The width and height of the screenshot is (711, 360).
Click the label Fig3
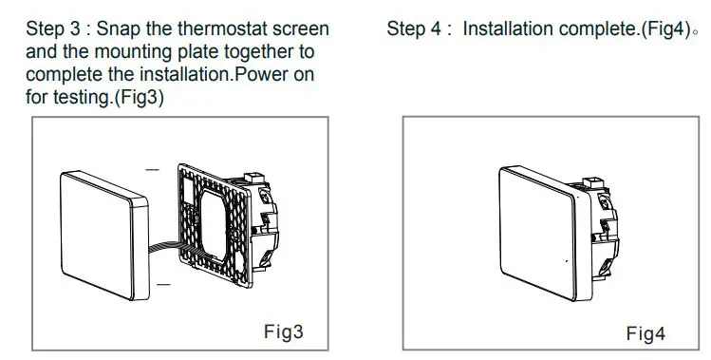[282, 332]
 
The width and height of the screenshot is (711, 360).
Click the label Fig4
[646, 333]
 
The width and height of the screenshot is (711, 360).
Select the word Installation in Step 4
[511, 28]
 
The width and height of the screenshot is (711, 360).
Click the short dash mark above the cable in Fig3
[152, 171]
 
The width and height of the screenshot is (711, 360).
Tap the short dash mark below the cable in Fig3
[163, 283]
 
